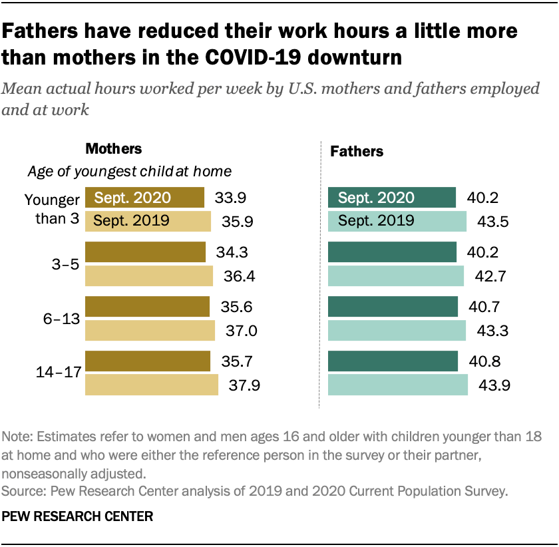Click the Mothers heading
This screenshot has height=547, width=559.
(114, 148)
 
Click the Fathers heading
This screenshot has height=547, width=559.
(357, 152)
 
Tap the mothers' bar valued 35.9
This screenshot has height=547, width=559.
(148, 221)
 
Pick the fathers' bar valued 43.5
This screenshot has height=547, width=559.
(397, 221)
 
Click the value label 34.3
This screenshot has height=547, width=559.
(233, 253)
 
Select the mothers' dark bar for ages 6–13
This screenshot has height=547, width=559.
(147, 307)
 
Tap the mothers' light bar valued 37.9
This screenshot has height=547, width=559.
(152, 384)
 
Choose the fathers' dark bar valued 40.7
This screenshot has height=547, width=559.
(393, 307)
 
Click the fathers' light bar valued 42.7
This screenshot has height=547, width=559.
(396, 275)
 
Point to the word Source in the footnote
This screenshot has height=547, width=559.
(21, 492)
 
